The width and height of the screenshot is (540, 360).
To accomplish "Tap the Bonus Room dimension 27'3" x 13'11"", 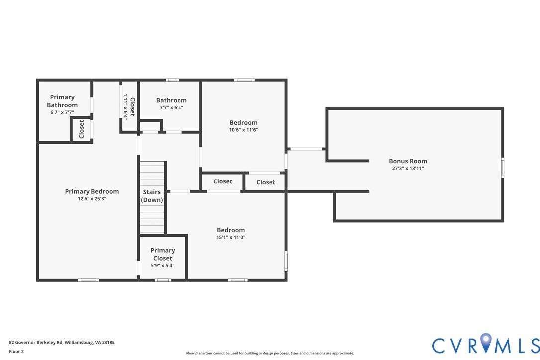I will pyautogui.click(x=408, y=169).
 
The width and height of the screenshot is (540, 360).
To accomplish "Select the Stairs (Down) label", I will pyautogui.click(x=152, y=196).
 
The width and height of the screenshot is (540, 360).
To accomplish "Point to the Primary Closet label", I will pyautogui.click(x=163, y=254).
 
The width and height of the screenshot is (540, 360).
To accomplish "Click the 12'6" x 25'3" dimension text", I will pyautogui.click(x=92, y=199).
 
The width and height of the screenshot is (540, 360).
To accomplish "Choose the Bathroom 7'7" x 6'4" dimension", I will pyautogui.click(x=172, y=108).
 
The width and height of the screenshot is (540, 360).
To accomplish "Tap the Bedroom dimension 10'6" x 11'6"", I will pyautogui.click(x=243, y=130).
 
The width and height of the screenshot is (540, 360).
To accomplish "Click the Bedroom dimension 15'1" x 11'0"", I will pyautogui.click(x=231, y=238).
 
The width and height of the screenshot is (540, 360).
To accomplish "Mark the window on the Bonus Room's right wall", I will pyautogui.click(x=502, y=167).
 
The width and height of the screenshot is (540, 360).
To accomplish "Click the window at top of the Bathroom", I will pyautogui.click(x=172, y=80).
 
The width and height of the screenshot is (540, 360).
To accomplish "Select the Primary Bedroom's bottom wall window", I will pyautogui.click(x=89, y=280).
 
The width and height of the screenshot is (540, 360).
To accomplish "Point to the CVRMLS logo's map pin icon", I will pyautogui.click(x=486, y=344).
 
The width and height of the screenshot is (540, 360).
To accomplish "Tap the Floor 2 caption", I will pyautogui.click(x=16, y=351).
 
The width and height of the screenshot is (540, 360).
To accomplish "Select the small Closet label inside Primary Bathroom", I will pyautogui.click(x=82, y=130).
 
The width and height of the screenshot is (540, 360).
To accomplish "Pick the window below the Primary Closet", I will pyautogui.click(x=163, y=280).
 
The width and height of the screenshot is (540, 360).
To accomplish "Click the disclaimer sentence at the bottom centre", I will pyautogui.click(x=270, y=353).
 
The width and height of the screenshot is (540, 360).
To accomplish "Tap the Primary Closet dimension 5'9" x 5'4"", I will pyautogui.click(x=163, y=266).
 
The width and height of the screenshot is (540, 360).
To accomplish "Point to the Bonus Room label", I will pyautogui.click(x=408, y=161).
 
